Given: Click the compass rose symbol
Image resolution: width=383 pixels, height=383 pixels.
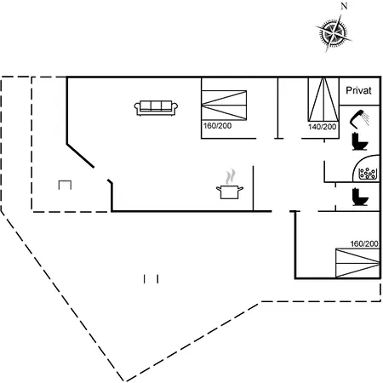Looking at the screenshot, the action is tap(333, 32).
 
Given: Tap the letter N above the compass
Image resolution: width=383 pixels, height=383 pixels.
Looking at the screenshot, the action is tap(344, 6).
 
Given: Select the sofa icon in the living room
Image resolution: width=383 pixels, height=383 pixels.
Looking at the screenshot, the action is tap(156, 108).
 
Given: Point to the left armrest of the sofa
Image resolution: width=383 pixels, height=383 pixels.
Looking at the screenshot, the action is tap(137, 107).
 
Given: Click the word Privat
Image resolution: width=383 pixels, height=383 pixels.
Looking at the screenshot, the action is tap(358, 90).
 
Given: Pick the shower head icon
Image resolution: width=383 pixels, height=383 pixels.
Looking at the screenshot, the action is tap(359, 117).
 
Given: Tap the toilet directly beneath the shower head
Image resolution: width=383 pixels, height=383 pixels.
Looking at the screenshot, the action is tap(359, 141).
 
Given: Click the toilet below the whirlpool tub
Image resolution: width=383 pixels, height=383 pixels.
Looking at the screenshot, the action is tap(359, 197).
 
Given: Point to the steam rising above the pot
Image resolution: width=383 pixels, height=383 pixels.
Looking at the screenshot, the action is tap(231, 177).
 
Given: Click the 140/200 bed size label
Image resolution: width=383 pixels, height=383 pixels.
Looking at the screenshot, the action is tap(322, 127).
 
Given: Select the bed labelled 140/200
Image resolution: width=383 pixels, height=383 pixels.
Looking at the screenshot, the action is tap(323, 100).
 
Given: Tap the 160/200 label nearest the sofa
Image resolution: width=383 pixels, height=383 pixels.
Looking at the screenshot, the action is tap(217, 126).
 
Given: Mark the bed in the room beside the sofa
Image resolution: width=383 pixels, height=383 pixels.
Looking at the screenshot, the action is tap(224, 106).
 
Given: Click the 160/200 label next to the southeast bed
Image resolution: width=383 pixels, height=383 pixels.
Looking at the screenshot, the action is tap(364, 243).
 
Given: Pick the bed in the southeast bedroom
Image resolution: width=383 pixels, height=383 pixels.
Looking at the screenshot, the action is tap(357, 263).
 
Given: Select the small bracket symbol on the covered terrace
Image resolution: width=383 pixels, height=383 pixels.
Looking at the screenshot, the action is tap(65, 185).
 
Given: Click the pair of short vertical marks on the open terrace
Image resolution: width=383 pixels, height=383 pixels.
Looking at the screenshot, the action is tap(151, 279).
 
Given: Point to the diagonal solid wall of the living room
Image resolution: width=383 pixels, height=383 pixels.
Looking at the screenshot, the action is tap(80, 156).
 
